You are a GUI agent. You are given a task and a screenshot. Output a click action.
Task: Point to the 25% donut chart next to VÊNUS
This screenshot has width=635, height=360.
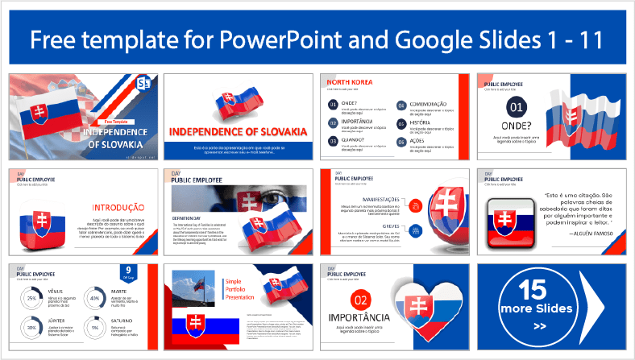click(x=32, y=298)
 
